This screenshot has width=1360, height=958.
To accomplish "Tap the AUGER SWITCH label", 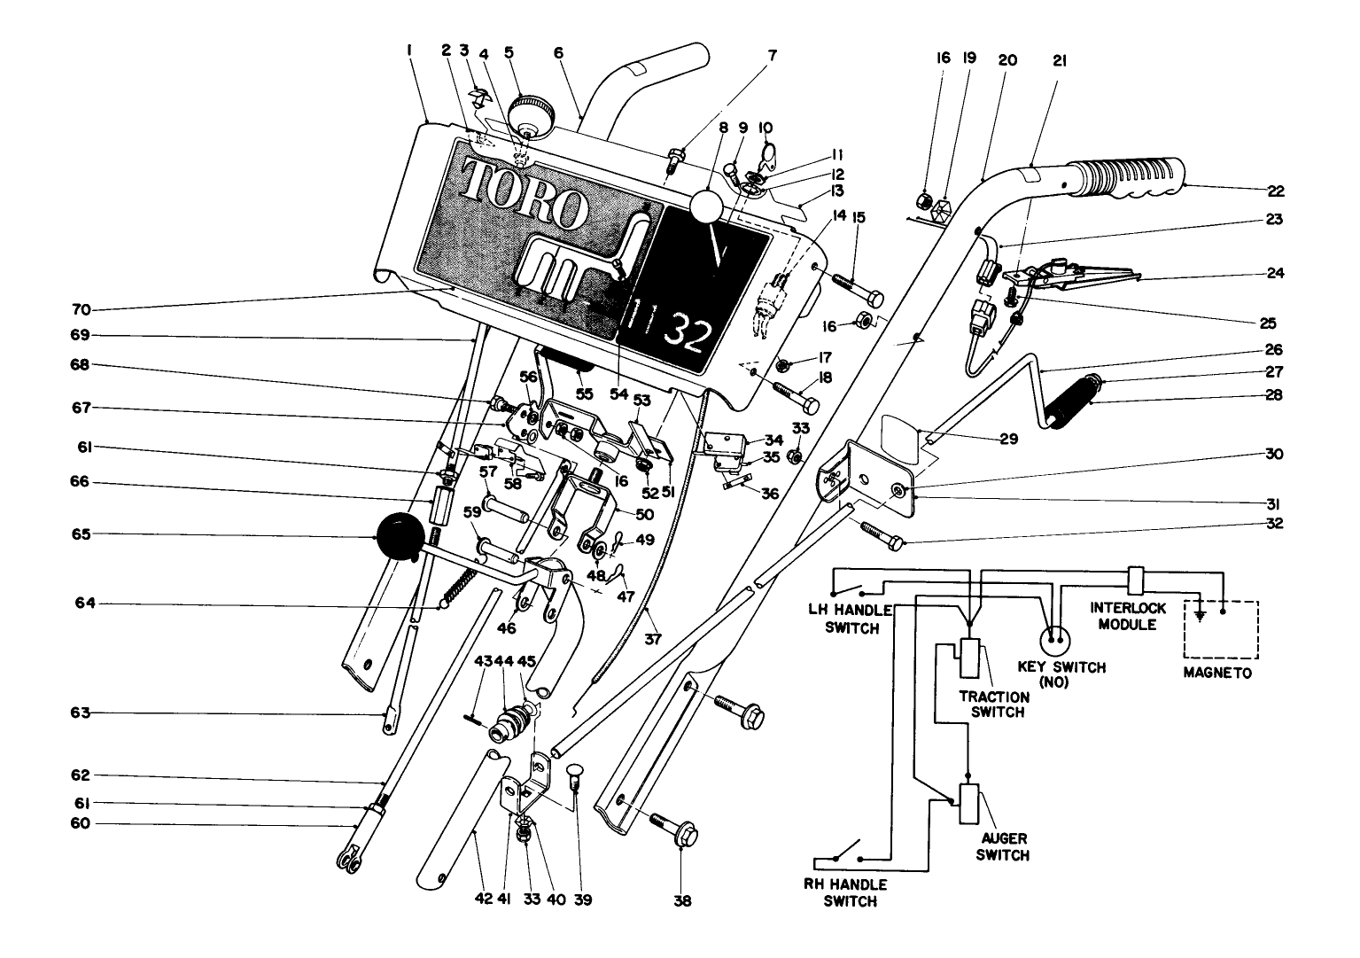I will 1004,848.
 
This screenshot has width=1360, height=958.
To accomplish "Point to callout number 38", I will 682,901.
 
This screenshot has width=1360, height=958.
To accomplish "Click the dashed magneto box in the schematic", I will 1223,629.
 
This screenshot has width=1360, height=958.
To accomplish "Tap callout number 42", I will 482,900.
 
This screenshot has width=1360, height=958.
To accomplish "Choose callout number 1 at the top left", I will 409,52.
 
